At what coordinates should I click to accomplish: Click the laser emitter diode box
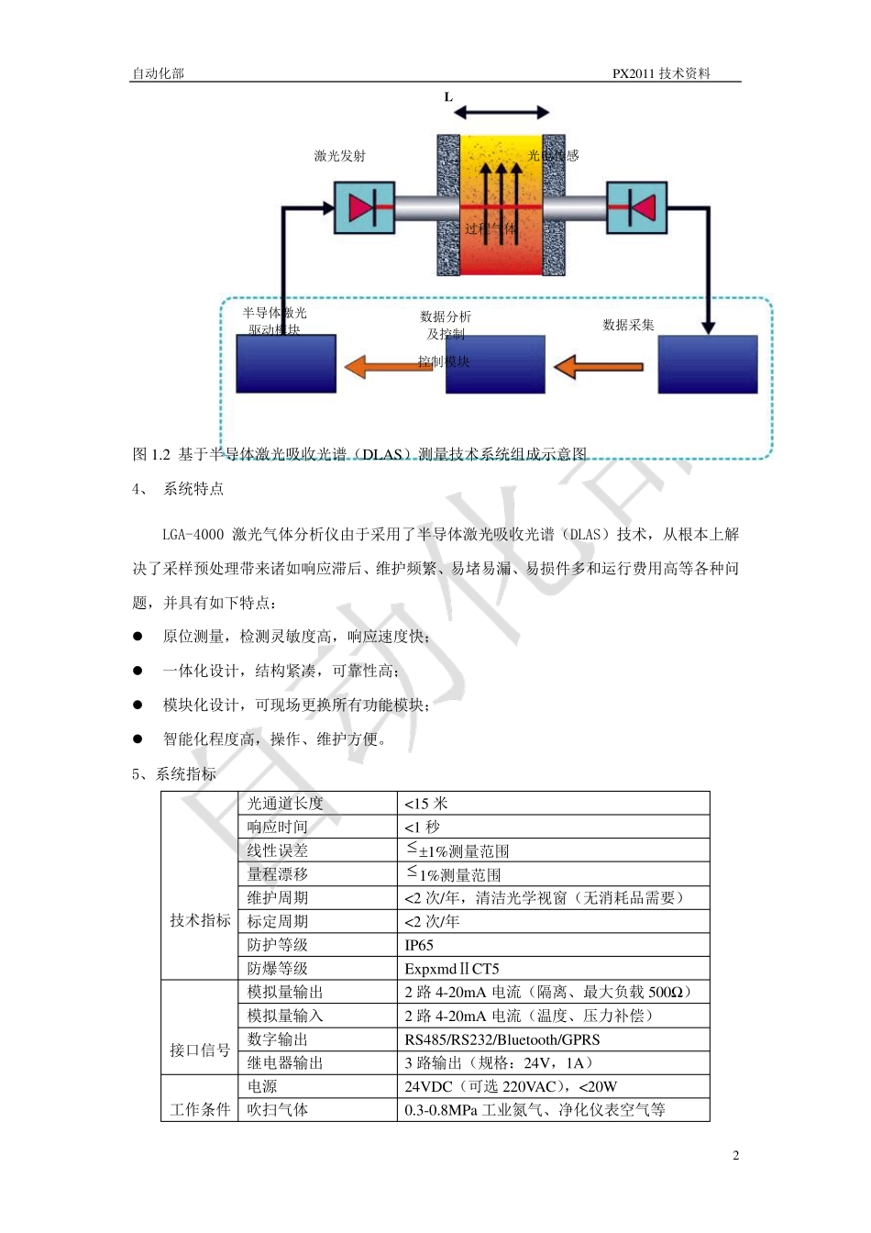click(364, 207)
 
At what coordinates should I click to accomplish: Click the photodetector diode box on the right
click(636, 207)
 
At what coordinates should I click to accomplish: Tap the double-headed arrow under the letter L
click(501, 112)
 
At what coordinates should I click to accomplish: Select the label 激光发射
click(339, 156)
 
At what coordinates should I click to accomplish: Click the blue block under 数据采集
click(708, 364)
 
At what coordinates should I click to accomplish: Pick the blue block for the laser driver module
click(286, 364)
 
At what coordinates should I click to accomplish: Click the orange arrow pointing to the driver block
click(388, 367)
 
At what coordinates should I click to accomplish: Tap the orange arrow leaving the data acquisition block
click(598, 367)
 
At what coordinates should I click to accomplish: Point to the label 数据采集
click(628, 325)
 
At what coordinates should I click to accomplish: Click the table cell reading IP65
click(419, 945)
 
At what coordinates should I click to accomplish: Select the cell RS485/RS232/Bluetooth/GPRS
click(502, 1039)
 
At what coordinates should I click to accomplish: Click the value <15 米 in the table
click(426, 804)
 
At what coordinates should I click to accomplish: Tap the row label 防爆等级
click(278, 969)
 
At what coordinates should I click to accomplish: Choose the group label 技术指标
click(200, 920)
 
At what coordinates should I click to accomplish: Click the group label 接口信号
click(200, 1050)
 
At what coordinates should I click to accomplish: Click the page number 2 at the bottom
click(735, 1155)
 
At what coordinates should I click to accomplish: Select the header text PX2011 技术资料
click(662, 73)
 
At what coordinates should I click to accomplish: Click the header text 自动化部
click(158, 73)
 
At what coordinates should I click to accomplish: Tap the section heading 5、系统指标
click(174, 773)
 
